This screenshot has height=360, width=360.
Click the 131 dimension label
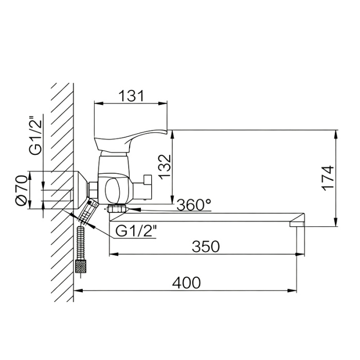click(x=132, y=96)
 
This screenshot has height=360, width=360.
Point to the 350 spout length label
click(x=206, y=246)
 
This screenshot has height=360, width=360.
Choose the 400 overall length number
click(x=186, y=283)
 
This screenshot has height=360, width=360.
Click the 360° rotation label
click(x=194, y=205)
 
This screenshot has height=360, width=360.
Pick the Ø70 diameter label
click(x=22, y=190)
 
